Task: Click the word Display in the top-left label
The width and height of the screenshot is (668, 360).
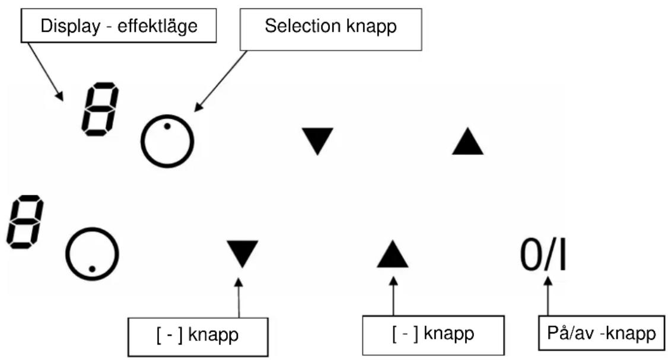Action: click(x=70, y=26)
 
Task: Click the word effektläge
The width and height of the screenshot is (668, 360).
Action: click(x=158, y=26)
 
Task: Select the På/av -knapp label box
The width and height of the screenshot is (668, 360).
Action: click(x=602, y=333)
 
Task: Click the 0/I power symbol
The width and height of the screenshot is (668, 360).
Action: click(x=543, y=255)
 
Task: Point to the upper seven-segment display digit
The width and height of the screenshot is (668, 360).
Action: click(x=100, y=110)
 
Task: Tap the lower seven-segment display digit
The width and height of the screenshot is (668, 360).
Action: click(x=25, y=222)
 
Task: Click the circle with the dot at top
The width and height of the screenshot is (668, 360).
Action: click(x=167, y=116)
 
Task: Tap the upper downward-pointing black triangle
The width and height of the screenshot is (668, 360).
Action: click(x=317, y=140)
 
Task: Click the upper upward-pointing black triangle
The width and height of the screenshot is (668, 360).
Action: click(x=467, y=142)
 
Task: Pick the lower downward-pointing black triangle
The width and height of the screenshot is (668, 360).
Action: click(x=243, y=253)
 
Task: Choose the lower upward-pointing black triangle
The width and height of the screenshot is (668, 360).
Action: click(x=392, y=255)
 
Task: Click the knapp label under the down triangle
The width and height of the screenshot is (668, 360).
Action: click(x=198, y=336)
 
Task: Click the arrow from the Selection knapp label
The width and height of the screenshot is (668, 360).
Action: click(x=220, y=81)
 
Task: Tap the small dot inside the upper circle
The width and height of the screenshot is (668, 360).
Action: click(x=167, y=126)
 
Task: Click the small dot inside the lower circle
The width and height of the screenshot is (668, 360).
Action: click(x=92, y=269)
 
